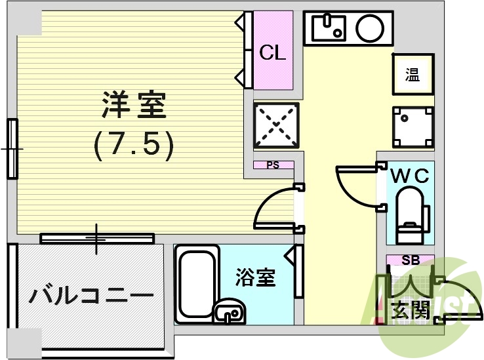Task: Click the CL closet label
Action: tap(273, 53)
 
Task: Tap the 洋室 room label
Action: tap(134, 105)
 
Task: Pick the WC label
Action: tap(410, 176)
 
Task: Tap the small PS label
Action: tap(273, 165)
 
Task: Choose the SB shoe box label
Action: tap(410, 260)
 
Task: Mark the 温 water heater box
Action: tap(412, 75)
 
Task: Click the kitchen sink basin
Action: tap(329, 28)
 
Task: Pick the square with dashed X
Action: tap(275, 126)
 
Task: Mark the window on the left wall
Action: tap(12, 149)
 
